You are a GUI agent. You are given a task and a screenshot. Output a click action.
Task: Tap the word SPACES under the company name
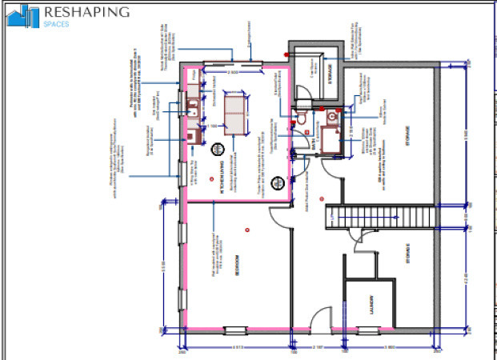click(57, 24)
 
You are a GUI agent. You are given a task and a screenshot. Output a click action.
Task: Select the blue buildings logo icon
click(22, 15)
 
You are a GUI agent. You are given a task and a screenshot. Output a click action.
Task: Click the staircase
click(380, 217)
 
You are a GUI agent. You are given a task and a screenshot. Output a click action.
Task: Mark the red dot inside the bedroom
click(249, 230)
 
